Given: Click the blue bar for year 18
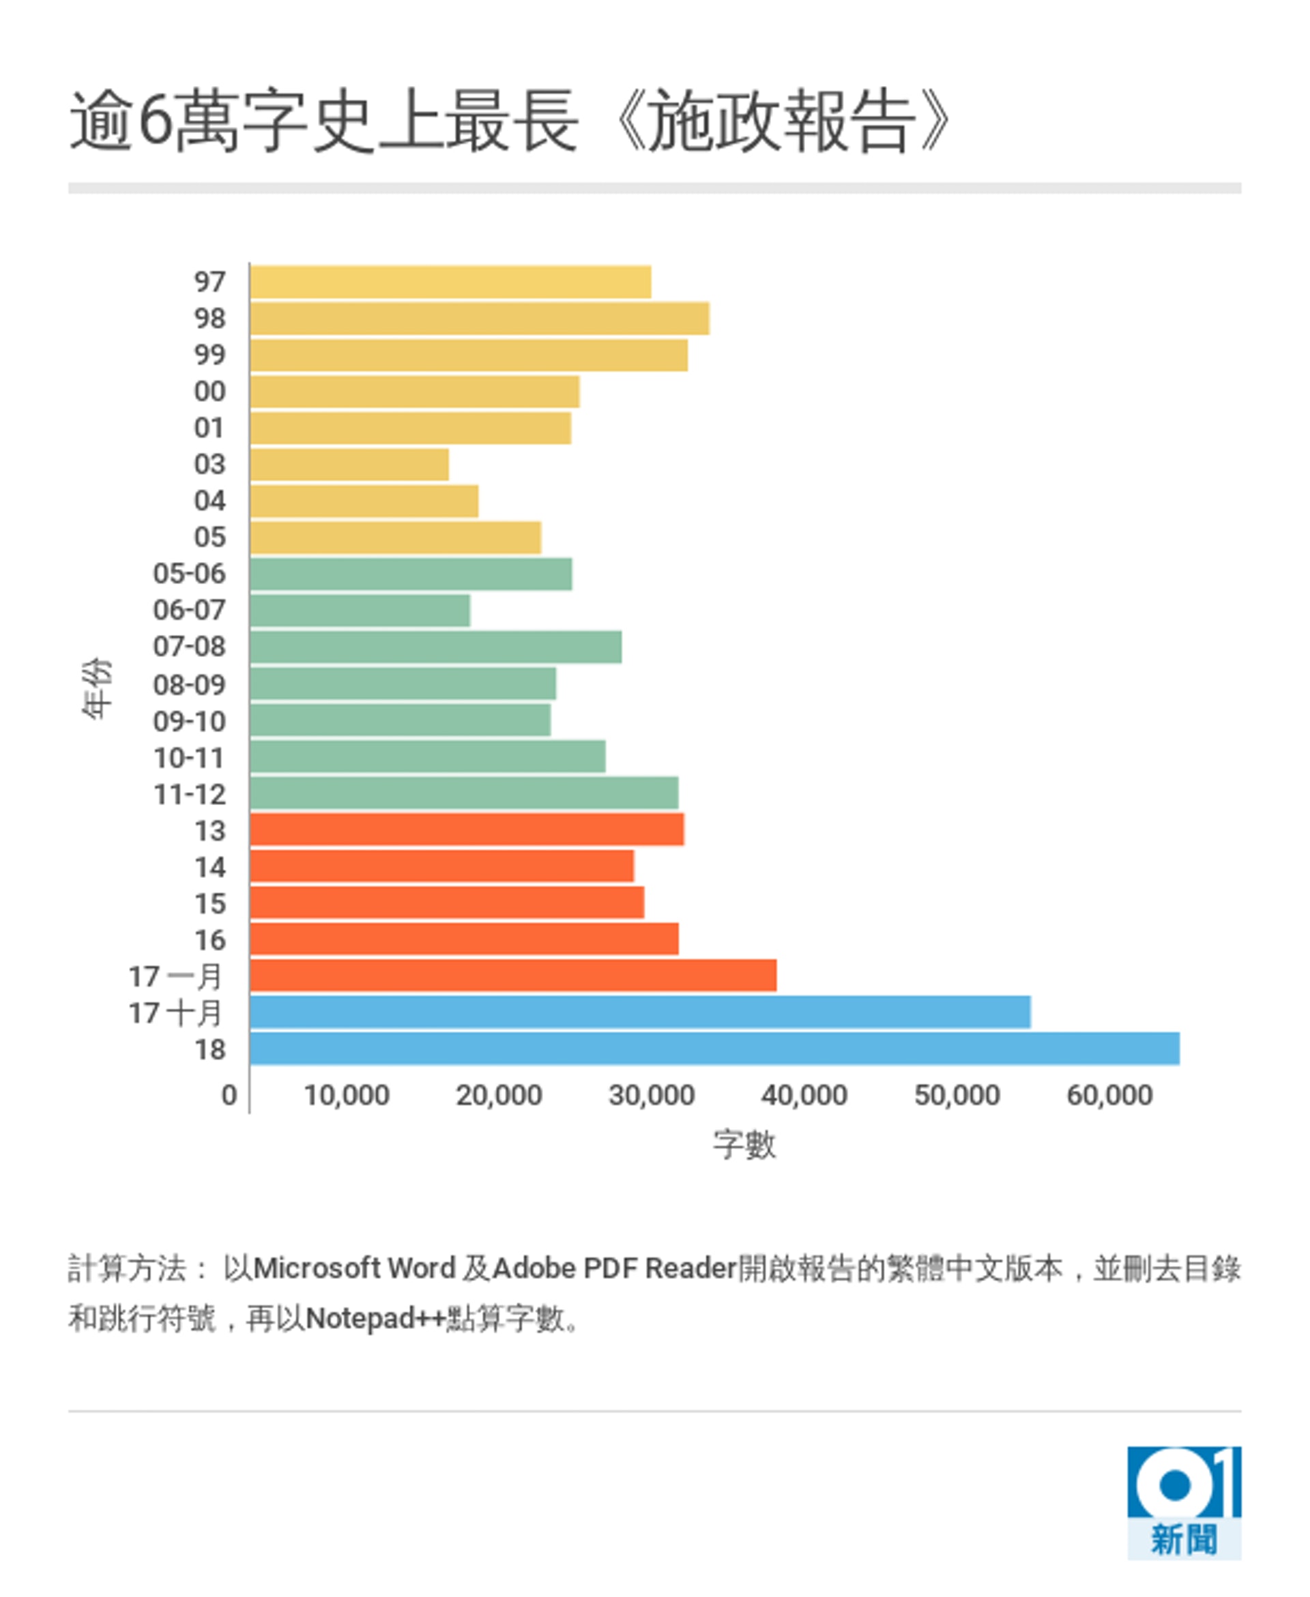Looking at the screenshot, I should (714, 1049).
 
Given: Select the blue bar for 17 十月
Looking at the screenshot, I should (640, 1012).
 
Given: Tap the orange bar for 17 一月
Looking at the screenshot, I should (513, 976).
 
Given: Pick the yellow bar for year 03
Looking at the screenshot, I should (349, 464).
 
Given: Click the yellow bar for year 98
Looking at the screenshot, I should (480, 318).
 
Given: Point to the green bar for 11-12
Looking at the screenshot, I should (464, 793).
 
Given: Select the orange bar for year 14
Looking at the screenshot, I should (442, 866).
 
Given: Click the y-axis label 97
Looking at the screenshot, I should (209, 282).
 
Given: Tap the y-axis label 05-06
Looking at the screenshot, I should (190, 573).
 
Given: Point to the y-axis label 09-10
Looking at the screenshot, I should (190, 721).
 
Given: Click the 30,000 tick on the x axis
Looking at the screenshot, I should (651, 1096).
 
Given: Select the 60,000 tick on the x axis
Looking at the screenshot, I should (1109, 1096).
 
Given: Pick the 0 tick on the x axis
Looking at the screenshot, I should (229, 1096).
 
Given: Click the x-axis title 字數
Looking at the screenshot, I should (744, 1145).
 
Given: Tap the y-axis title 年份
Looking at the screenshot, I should (97, 688).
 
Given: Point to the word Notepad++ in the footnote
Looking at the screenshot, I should (375, 1319).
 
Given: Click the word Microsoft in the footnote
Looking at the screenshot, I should (316, 1269).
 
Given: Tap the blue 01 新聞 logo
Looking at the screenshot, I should (1183, 1503).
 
